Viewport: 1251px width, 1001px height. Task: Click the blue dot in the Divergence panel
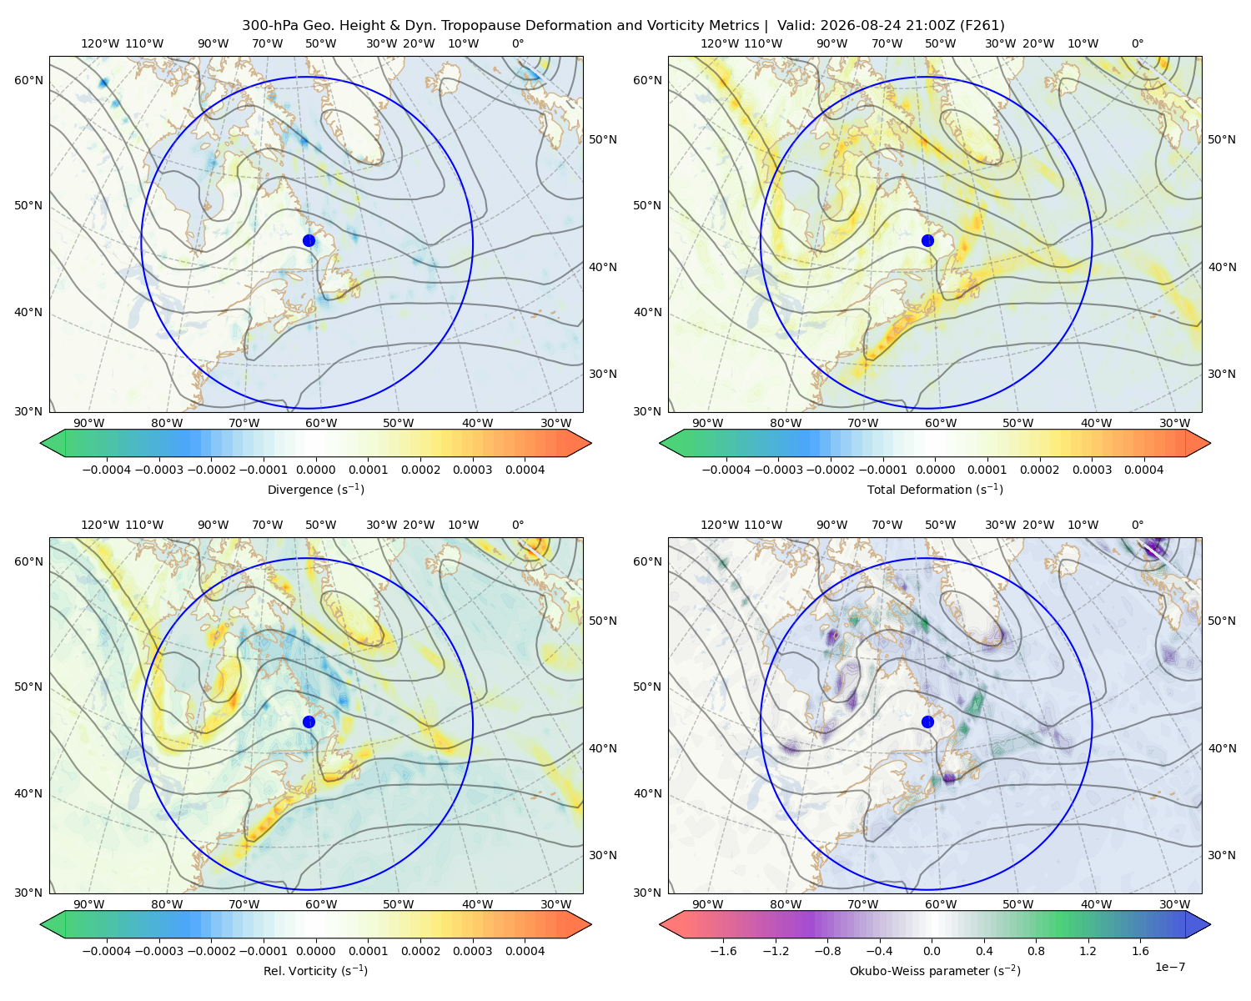[x=309, y=241]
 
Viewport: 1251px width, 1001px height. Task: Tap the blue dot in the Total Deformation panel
[x=927, y=241]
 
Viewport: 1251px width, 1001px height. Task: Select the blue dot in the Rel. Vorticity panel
[x=309, y=722]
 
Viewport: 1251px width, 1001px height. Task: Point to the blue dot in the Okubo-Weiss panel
[x=927, y=722]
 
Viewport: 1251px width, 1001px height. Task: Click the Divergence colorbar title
[x=315, y=490]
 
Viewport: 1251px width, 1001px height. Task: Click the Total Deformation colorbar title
[x=935, y=490]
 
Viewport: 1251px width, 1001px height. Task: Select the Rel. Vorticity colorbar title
[x=315, y=971]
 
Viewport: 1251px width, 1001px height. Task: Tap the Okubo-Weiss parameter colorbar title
[x=935, y=971]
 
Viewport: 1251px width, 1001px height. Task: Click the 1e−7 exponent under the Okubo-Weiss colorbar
[x=1169, y=967]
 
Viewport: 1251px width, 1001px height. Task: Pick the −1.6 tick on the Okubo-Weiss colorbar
[x=723, y=951]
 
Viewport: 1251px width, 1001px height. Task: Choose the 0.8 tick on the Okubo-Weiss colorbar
[x=1036, y=951]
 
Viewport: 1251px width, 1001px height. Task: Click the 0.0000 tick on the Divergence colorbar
[x=315, y=470]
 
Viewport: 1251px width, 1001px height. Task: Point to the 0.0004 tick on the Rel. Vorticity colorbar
[x=525, y=951]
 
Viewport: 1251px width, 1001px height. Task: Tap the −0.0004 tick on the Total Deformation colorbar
[x=726, y=470]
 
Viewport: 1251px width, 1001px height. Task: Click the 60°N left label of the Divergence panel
[x=28, y=80]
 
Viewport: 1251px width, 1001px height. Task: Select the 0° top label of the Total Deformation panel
[x=1138, y=43]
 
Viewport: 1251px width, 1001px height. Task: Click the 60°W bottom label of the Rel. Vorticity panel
[x=321, y=904]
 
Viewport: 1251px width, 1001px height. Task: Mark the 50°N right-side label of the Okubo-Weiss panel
[x=1222, y=621]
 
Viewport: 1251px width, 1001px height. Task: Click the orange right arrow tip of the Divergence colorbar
[x=590, y=443]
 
